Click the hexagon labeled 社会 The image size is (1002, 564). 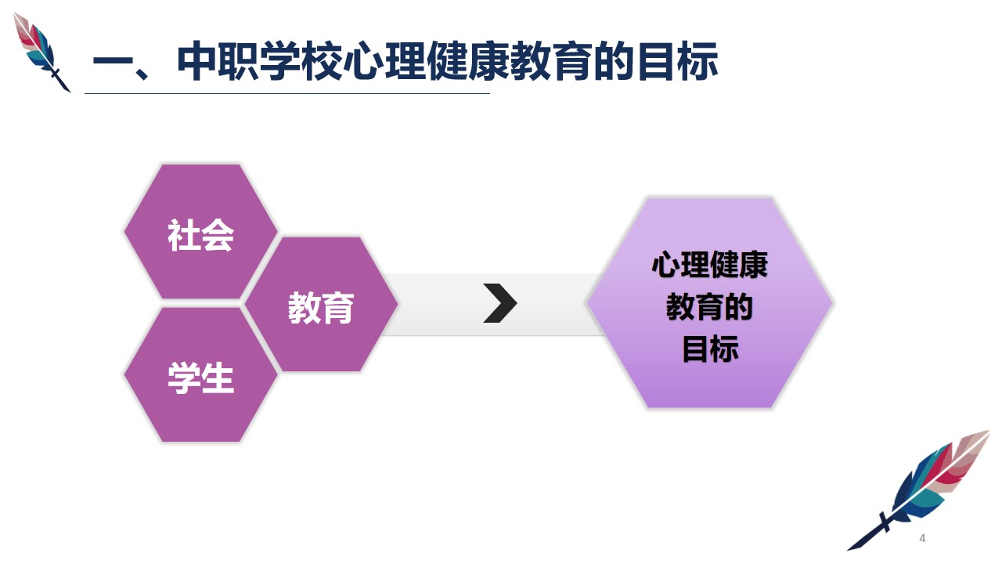tap(201, 231)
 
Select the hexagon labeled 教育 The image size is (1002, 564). tap(321, 305)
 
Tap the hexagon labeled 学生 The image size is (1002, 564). tap(201, 375)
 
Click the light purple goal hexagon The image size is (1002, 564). tap(710, 303)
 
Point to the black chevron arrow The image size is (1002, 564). tap(500, 303)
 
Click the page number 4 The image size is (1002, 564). tap(922, 538)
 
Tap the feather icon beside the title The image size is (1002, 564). tap(41, 52)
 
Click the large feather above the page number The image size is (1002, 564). tap(918, 490)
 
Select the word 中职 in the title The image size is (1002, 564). tap(218, 61)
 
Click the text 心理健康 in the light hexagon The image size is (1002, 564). tap(710, 265)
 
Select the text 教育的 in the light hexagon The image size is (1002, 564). tap(710, 306)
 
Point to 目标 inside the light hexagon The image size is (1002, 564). tap(710, 349)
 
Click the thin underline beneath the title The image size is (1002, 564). tap(287, 93)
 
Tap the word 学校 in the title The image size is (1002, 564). tap(301, 61)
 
